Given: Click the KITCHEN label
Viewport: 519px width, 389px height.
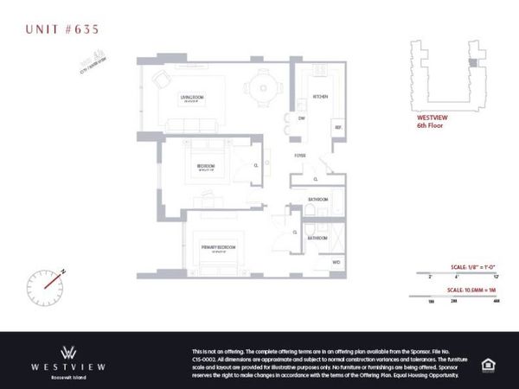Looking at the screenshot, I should [317, 97].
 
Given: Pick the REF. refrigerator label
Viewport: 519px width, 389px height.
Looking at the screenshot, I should [337, 127].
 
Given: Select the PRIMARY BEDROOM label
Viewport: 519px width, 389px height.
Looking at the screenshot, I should [220, 247].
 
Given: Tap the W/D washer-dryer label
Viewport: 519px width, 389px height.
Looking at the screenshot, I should [336, 260].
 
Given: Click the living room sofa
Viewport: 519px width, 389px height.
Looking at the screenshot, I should [189, 125].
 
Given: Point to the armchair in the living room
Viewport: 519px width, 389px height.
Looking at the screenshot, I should [162, 79].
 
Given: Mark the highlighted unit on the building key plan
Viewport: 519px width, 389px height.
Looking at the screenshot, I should [471, 62].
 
